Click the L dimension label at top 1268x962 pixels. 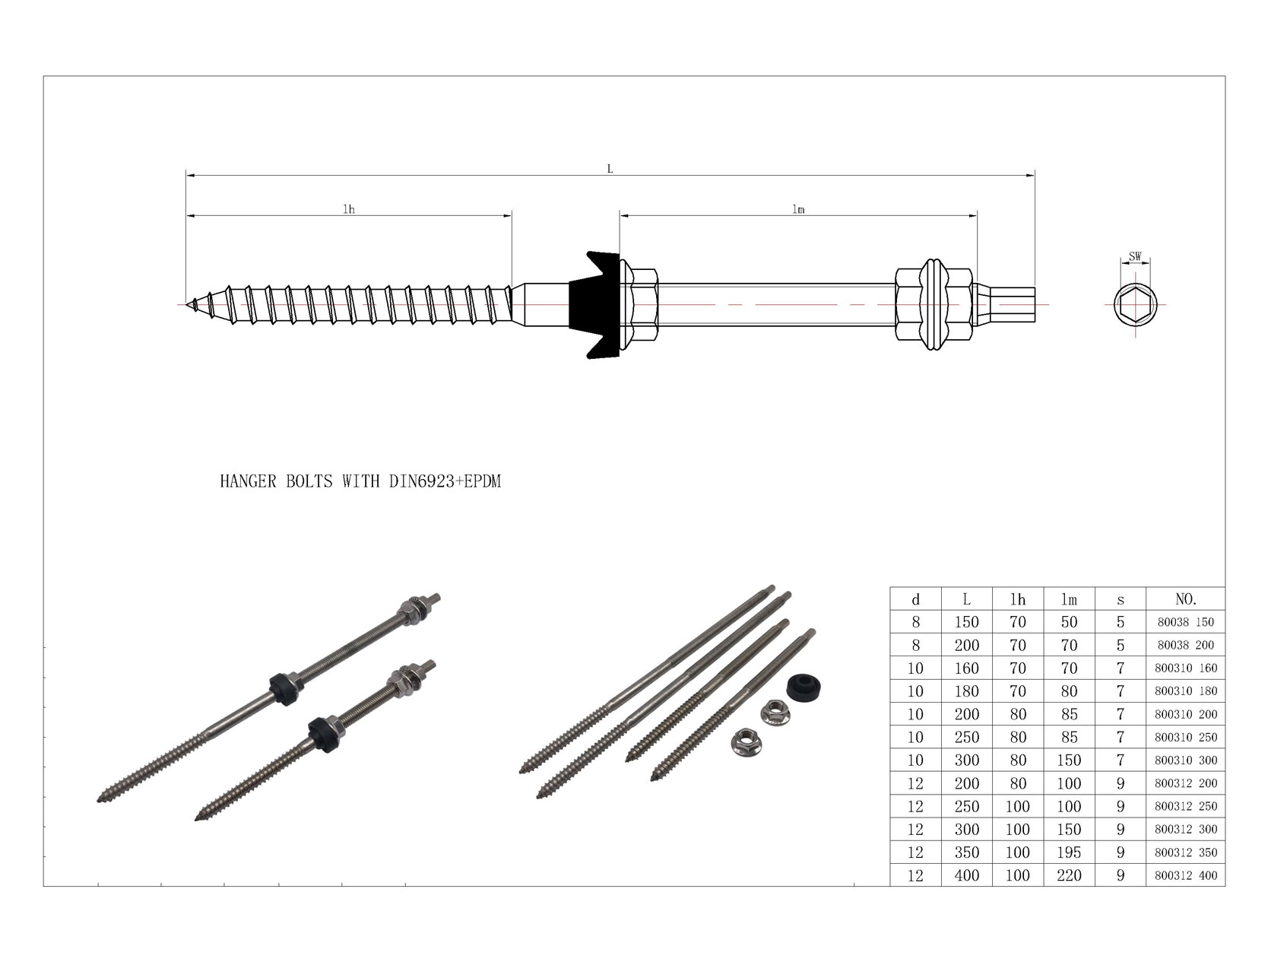(x=610, y=169)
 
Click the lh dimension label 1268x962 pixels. (x=348, y=209)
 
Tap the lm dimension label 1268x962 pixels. (x=797, y=209)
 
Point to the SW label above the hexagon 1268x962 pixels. (x=1134, y=257)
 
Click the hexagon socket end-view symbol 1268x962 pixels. (x=1135, y=305)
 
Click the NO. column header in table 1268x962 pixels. (x=1185, y=599)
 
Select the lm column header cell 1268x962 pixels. (x=1069, y=599)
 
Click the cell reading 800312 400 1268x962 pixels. (x=1185, y=875)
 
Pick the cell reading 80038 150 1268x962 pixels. (x=1185, y=622)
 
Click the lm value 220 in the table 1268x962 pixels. (x=1069, y=875)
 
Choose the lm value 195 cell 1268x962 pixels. (x=1069, y=852)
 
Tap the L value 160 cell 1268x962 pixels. (x=966, y=668)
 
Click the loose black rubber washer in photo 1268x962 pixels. (x=803, y=685)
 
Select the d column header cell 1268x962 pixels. (x=915, y=599)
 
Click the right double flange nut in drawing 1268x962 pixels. (x=934, y=304)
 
